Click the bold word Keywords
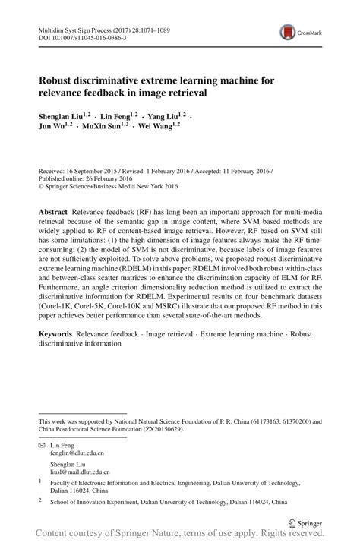coord(56,334)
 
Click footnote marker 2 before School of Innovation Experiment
coord(40,500)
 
